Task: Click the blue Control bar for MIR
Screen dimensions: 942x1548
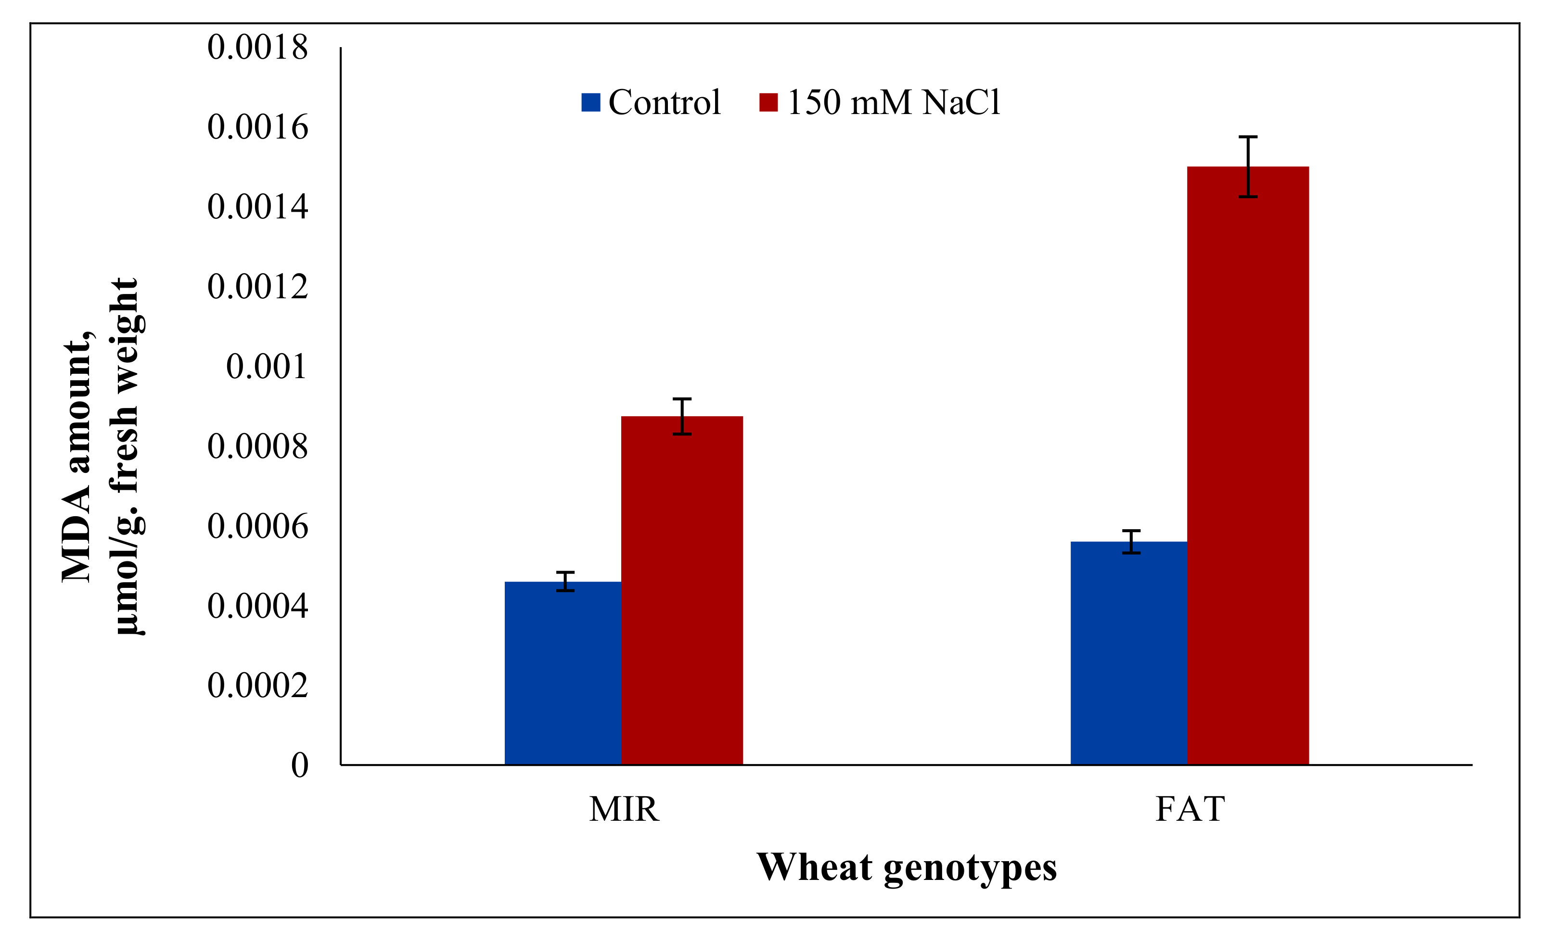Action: [x=563, y=673]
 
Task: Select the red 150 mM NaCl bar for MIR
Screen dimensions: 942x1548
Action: [x=682, y=590]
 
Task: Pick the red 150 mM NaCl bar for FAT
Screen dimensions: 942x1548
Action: [x=1248, y=465]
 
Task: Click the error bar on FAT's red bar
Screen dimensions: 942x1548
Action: [x=1248, y=166]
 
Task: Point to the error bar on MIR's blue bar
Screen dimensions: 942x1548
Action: [x=565, y=582]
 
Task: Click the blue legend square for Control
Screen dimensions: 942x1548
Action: [x=590, y=102]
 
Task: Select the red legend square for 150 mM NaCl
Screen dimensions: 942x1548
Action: [x=768, y=102]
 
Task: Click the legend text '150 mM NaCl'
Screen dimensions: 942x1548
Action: [x=894, y=102]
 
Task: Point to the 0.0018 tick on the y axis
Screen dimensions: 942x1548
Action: [x=257, y=47]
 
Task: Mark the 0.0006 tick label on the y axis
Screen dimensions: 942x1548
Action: [x=257, y=526]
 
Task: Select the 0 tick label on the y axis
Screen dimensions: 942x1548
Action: [x=300, y=765]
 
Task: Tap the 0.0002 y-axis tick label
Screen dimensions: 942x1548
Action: [x=257, y=685]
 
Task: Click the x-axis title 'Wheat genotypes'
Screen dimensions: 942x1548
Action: [x=906, y=867]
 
